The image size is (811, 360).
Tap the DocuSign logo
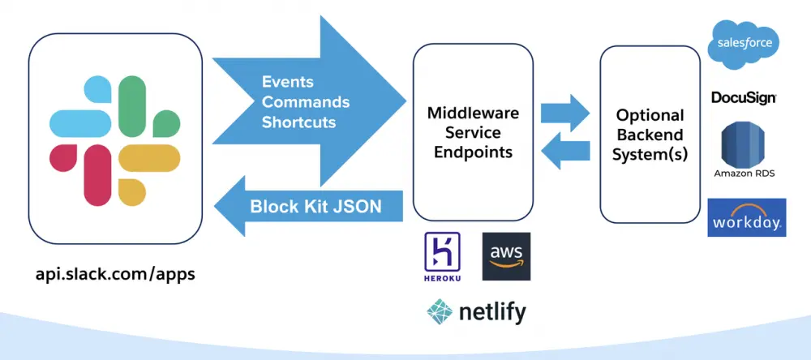pyautogui.click(x=744, y=97)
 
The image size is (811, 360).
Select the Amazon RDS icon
pyautogui.click(x=744, y=146)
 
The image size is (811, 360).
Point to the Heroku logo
pyautogui.click(x=442, y=256)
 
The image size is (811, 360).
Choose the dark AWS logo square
pyautogui.click(x=506, y=256)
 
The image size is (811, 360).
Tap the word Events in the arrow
pyautogui.click(x=287, y=83)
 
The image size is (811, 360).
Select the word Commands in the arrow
pyautogui.click(x=306, y=103)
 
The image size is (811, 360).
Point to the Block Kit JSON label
pyautogui.click(x=315, y=206)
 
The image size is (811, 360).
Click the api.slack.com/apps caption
pyautogui.click(x=115, y=274)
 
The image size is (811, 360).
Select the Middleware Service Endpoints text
pyautogui.click(x=474, y=132)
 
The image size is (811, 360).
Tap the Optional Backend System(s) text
pyautogui.click(x=650, y=135)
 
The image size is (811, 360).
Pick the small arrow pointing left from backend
pyautogui.click(x=565, y=151)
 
